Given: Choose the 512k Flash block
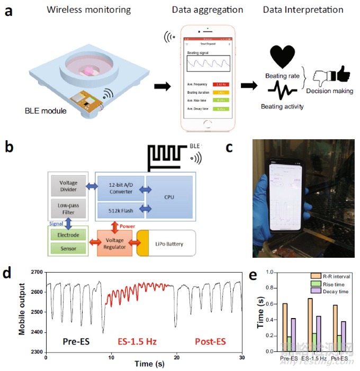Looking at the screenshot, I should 120,210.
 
